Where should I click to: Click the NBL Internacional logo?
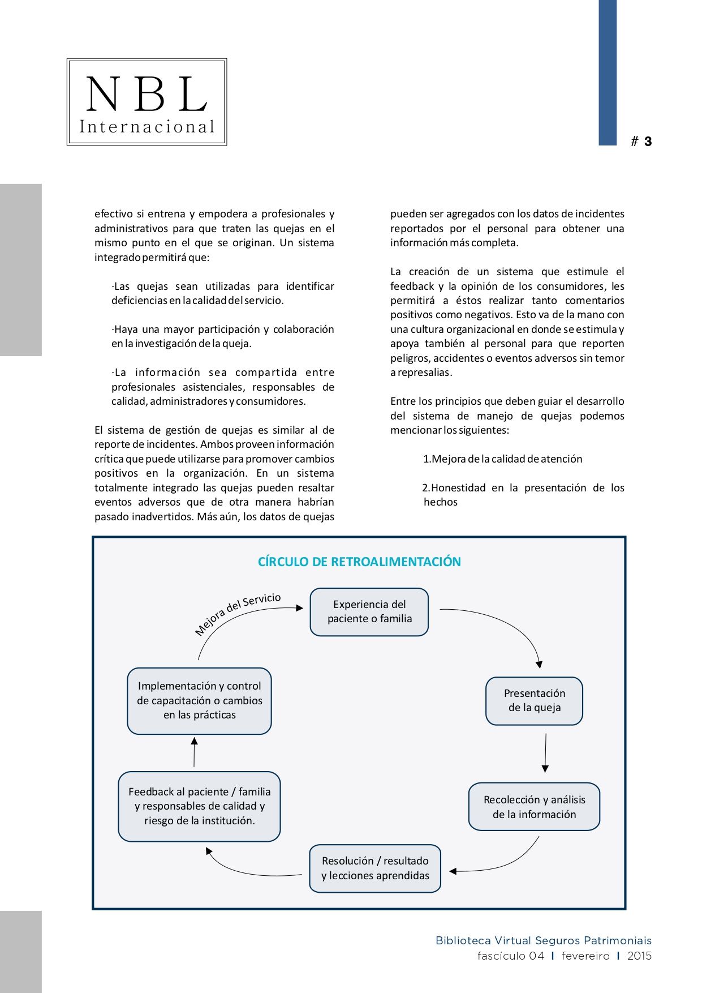click(147, 102)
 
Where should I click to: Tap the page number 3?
click(648, 142)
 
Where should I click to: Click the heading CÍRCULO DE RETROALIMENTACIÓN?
click(359, 562)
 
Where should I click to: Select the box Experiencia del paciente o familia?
click(369, 611)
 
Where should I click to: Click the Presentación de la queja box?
click(534, 700)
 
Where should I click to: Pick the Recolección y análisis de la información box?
click(534, 807)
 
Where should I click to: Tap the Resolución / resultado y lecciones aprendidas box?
click(374, 868)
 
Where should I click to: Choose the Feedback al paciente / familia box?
click(199, 806)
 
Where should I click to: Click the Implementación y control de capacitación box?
click(199, 700)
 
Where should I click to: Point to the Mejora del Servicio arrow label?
click(238, 614)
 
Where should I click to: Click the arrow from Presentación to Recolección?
click(545, 753)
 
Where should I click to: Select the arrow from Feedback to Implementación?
click(194, 752)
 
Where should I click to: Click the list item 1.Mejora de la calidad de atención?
click(502, 459)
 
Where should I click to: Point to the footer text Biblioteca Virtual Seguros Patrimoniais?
click(543, 940)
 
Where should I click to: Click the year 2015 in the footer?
click(639, 956)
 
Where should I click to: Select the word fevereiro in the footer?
click(585, 956)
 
